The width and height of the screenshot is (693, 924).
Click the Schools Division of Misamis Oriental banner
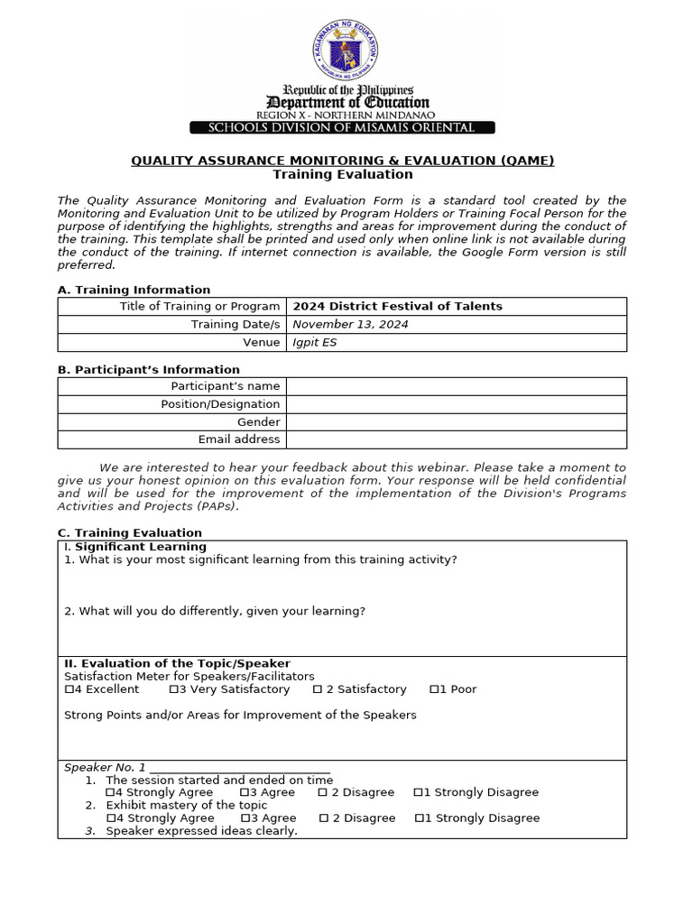[341, 127]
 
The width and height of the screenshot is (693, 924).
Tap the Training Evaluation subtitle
[343, 174]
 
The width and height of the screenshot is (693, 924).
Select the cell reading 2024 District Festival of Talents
[398, 307]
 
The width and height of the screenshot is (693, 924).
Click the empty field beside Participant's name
[456, 386]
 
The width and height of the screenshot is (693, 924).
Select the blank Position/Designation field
[456, 404]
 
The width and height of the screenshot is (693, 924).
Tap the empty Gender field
[456, 422]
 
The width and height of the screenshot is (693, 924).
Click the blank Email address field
[456, 439]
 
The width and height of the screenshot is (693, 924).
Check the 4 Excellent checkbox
[69, 689]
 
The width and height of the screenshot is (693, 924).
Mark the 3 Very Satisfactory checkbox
[172, 689]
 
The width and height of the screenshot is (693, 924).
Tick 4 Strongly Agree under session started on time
[110, 792]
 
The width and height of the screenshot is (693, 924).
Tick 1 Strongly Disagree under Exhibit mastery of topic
[420, 818]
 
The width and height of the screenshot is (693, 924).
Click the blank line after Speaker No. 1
[240, 768]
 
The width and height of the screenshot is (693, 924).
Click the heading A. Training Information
[134, 290]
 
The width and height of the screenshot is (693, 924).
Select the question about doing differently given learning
[215, 611]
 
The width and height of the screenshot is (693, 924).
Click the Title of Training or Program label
[199, 307]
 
